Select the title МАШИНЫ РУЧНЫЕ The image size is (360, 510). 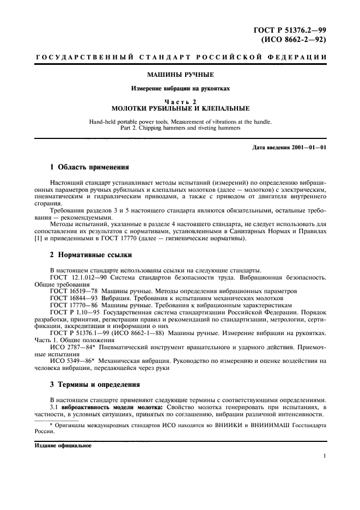coord(180,74)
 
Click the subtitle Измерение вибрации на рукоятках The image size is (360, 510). coord(180,88)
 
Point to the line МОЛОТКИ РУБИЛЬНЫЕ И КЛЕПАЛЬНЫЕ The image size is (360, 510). coord(180,108)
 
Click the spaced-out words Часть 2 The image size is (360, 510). coord(180,101)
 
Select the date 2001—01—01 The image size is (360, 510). coord(307,148)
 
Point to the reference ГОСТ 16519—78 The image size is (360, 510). coord(71,292)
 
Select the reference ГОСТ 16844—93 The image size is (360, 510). coord(71,299)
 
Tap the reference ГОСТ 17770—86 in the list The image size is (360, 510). coord(71,306)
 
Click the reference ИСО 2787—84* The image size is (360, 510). coord(71,347)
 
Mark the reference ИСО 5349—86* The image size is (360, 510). coord(71,361)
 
